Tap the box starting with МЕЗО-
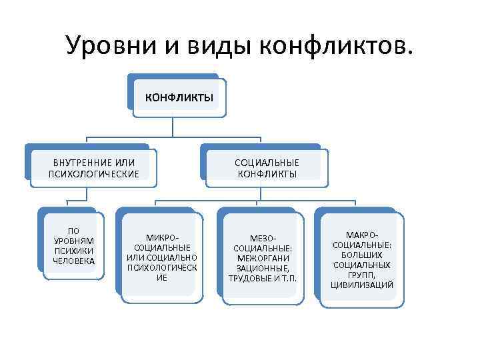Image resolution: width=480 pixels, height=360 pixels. [x=262, y=257]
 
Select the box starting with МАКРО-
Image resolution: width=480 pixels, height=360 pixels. [x=362, y=260]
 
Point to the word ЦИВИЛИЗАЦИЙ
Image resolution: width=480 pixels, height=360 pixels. [x=362, y=285]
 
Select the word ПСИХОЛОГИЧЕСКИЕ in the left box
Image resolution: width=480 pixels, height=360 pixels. [x=94, y=174]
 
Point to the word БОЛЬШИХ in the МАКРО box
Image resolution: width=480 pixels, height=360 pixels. [x=362, y=255]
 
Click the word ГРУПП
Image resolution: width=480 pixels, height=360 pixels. [x=362, y=275]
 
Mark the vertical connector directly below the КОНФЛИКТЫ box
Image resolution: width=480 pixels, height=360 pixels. [x=174, y=129]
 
